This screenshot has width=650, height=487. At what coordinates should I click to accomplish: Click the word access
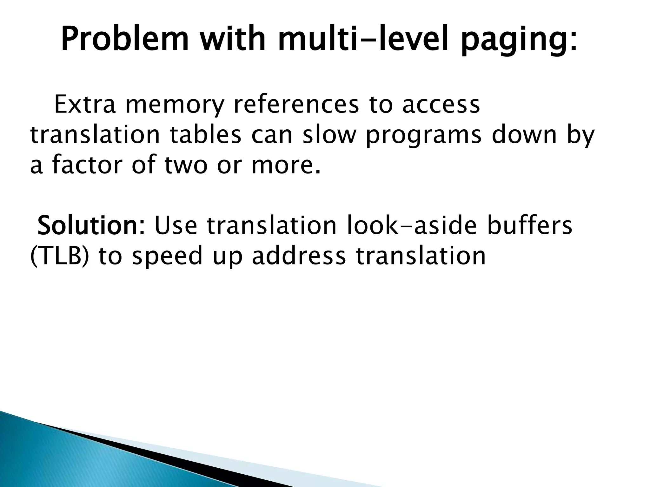click(441, 105)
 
